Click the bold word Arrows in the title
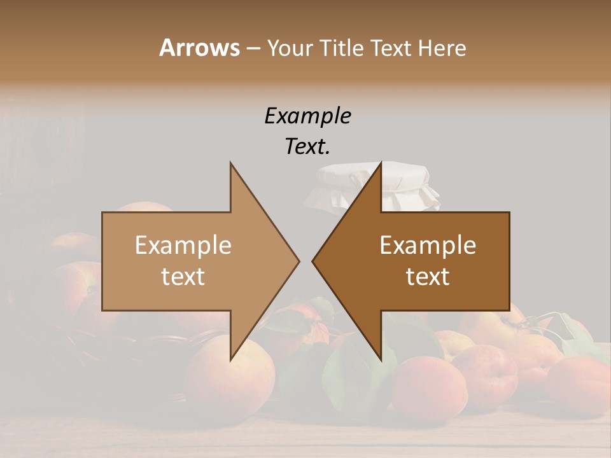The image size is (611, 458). click(199, 48)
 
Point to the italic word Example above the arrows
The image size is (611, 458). click(307, 116)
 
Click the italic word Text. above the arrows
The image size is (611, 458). click(307, 147)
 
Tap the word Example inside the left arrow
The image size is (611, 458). click(183, 246)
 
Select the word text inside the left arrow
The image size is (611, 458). click(183, 277)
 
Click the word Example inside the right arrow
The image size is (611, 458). click(428, 246)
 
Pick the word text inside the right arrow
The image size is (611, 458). click(428, 277)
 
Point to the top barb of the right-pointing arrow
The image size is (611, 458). click(232, 167)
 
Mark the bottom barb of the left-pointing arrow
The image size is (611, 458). click(379, 356)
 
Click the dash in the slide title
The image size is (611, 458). click(253, 49)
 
